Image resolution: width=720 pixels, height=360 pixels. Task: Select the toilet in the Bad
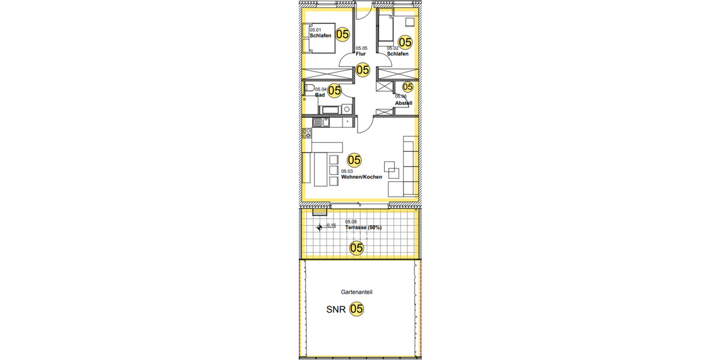pyautogui.click(x=310, y=89)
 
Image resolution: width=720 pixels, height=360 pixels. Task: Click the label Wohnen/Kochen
pyautogui.click(x=361, y=178)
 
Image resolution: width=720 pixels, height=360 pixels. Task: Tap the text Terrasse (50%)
pyautogui.click(x=363, y=228)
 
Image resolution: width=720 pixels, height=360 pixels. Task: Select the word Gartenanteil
pyautogui.click(x=358, y=292)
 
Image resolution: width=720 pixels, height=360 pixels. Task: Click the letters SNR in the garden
pyautogui.click(x=335, y=310)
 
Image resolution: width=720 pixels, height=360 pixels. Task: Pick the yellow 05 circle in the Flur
pyautogui.click(x=362, y=70)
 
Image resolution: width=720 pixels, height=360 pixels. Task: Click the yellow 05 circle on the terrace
pyautogui.click(x=356, y=247)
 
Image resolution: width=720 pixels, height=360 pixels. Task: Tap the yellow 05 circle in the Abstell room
pyautogui.click(x=407, y=87)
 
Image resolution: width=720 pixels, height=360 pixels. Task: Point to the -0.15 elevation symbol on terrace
pyautogui.click(x=320, y=227)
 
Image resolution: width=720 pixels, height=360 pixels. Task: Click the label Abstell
pyautogui.click(x=403, y=103)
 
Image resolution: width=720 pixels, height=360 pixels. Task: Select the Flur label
pyautogui.click(x=360, y=54)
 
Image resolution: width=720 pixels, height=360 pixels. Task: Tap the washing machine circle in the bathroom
pyautogui.click(x=346, y=109)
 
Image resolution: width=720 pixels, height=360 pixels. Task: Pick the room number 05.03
pyautogui.click(x=346, y=172)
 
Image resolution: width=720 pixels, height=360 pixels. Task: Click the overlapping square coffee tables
pyautogui.click(x=392, y=170)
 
